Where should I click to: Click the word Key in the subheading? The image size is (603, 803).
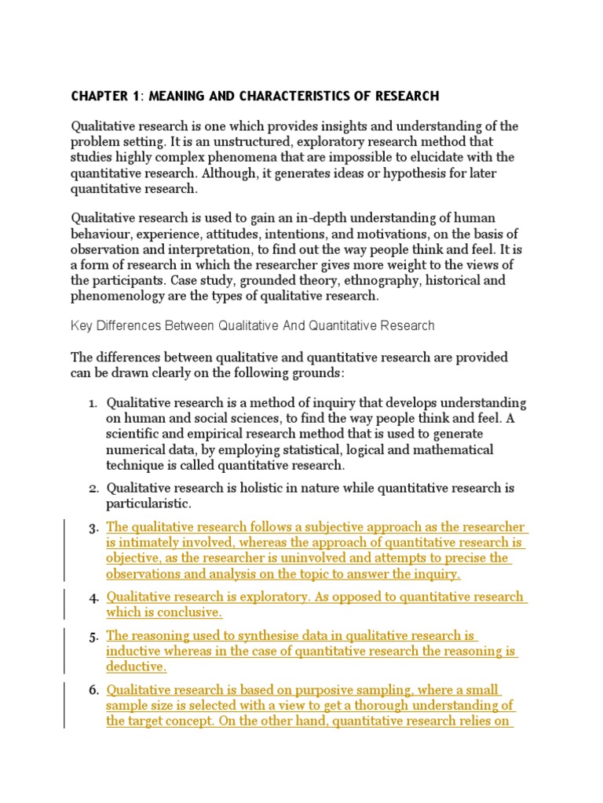(82, 325)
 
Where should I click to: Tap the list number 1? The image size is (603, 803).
(92, 403)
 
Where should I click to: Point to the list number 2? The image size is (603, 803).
(92, 489)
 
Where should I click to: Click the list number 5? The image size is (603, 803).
(92, 636)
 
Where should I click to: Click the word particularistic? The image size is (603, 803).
(148, 503)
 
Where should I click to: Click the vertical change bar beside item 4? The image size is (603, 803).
(64, 604)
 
